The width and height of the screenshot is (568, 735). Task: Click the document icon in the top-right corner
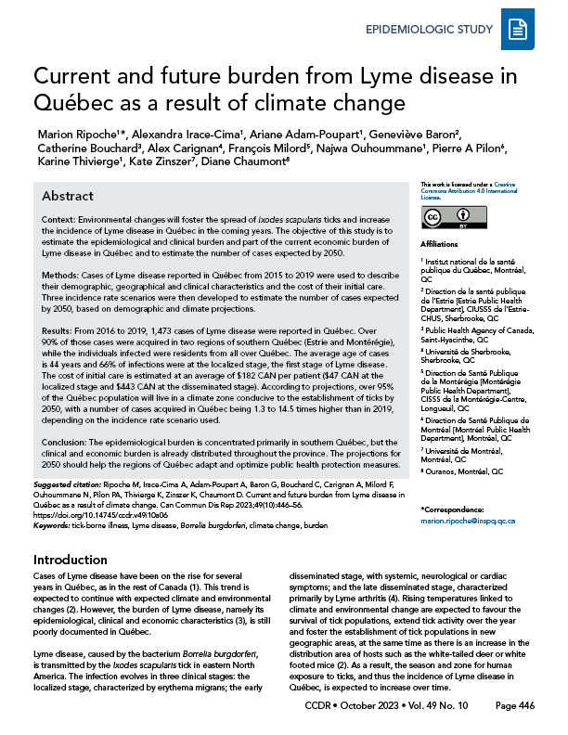point(517,31)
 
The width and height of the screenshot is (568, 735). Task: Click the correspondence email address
point(468,522)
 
